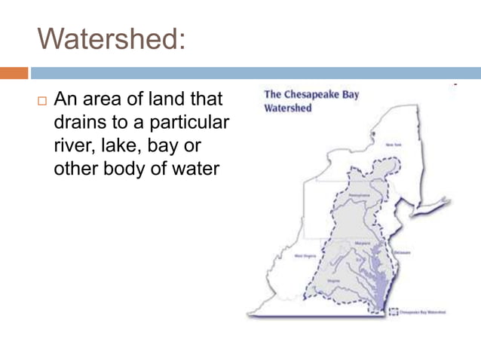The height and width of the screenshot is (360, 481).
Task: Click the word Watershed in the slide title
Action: (x=112, y=36)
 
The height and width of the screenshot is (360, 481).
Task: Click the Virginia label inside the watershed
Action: (x=335, y=278)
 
